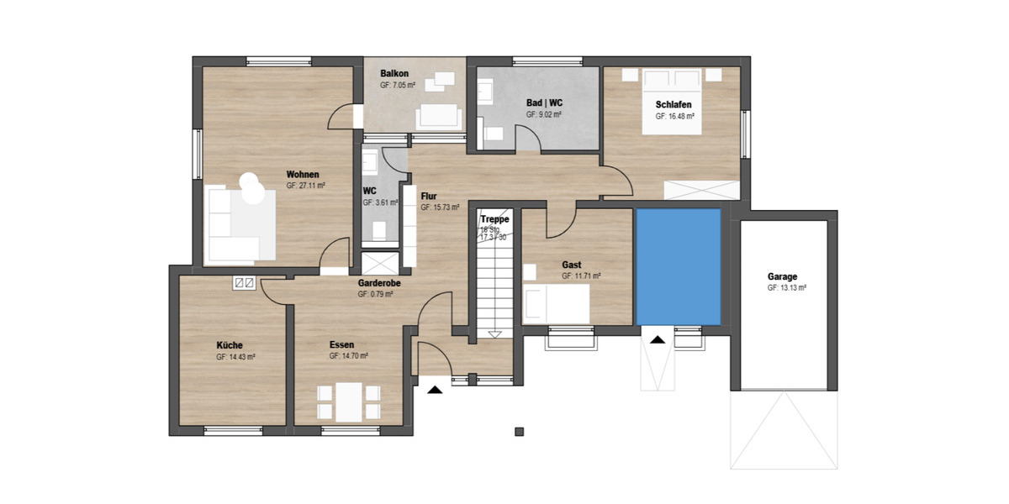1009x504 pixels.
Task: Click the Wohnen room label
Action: [x=303, y=175]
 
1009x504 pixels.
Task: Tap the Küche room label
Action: [x=230, y=345]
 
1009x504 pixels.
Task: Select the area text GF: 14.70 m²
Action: [x=348, y=356]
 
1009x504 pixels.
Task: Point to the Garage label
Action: [x=782, y=276]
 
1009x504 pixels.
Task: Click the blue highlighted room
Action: [x=679, y=266]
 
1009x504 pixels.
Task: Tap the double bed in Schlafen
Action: [x=671, y=102]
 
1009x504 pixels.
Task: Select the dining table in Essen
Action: [x=348, y=402]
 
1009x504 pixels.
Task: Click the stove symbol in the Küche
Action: [x=245, y=283]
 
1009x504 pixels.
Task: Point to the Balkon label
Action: [x=394, y=74]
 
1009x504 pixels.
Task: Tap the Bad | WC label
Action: [x=544, y=103]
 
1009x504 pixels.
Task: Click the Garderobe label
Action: [x=379, y=284]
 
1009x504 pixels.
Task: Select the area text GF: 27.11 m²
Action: [x=305, y=186]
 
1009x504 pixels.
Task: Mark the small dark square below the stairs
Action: [x=519, y=432]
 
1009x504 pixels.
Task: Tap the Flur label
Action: [x=429, y=196]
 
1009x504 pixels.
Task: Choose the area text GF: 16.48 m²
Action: [x=674, y=117]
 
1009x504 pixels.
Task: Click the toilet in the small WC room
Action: [x=378, y=228]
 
